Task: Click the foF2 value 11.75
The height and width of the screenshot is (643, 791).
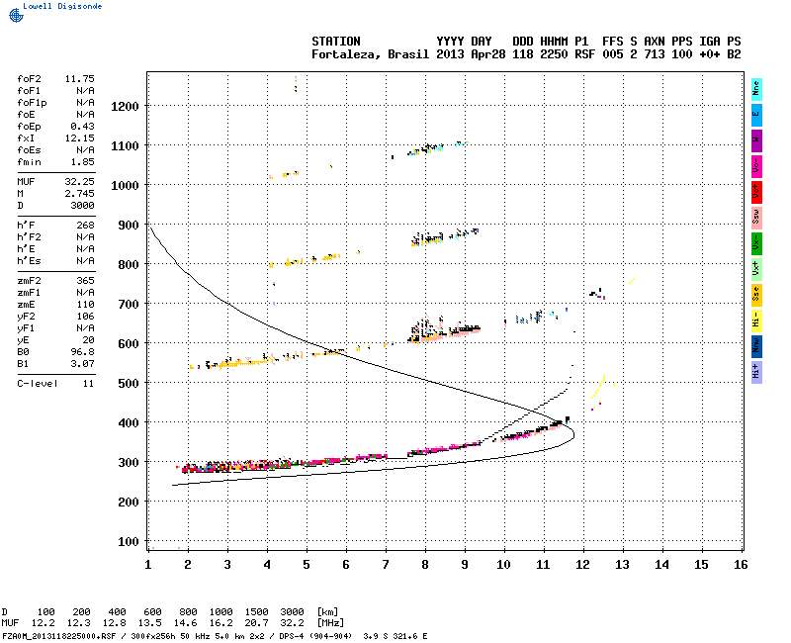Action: click(79, 78)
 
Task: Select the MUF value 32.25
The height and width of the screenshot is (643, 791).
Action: click(79, 182)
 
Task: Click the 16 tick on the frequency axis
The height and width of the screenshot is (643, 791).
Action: click(740, 564)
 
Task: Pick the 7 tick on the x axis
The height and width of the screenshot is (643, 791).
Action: click(386, 564)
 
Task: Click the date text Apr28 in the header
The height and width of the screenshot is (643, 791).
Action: click(489, 54)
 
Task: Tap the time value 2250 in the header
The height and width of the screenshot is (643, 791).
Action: click(555, 54)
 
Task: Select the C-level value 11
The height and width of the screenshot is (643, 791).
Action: click(87, 383)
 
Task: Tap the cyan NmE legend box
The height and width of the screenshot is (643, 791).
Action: click(756, 89)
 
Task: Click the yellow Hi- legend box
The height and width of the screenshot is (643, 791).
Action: click(756, 320)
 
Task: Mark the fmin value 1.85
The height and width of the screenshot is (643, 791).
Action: click(81, 161)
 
